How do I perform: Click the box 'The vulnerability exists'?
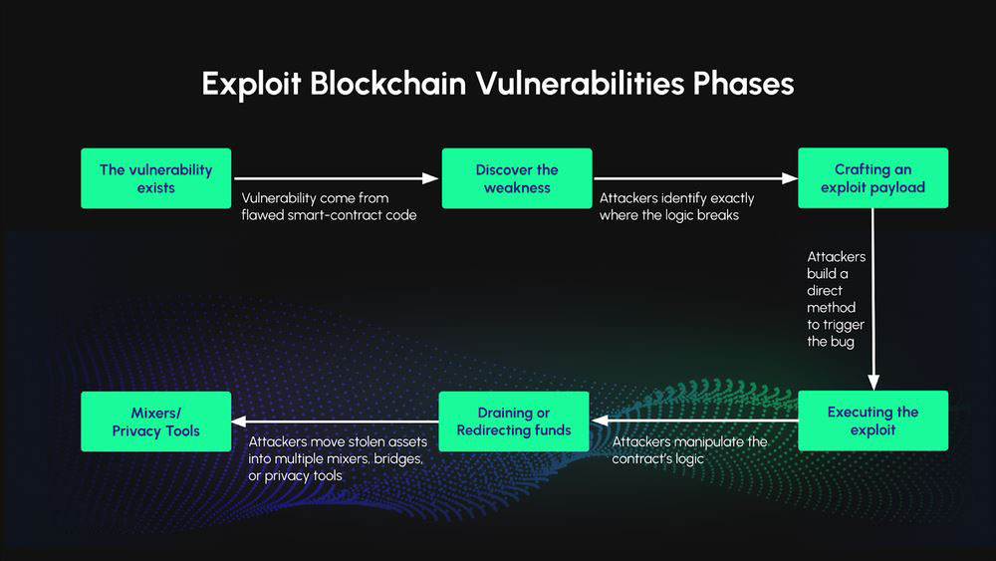(155, 178)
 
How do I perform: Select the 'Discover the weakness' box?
(517, 178)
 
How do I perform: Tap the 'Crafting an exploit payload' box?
(872, 178)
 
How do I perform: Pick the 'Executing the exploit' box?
(872, 421)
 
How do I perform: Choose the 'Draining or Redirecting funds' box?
(514, 421)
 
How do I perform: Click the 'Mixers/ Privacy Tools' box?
(155, 421)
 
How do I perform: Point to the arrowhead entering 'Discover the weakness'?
(432, 178)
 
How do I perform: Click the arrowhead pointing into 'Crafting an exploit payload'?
(790, 178)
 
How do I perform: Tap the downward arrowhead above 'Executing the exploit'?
(873, 382)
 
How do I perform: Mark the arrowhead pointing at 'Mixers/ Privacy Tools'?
(240, 421)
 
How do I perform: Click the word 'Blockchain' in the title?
(387, 84)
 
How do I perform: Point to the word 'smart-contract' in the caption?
(336, 215)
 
